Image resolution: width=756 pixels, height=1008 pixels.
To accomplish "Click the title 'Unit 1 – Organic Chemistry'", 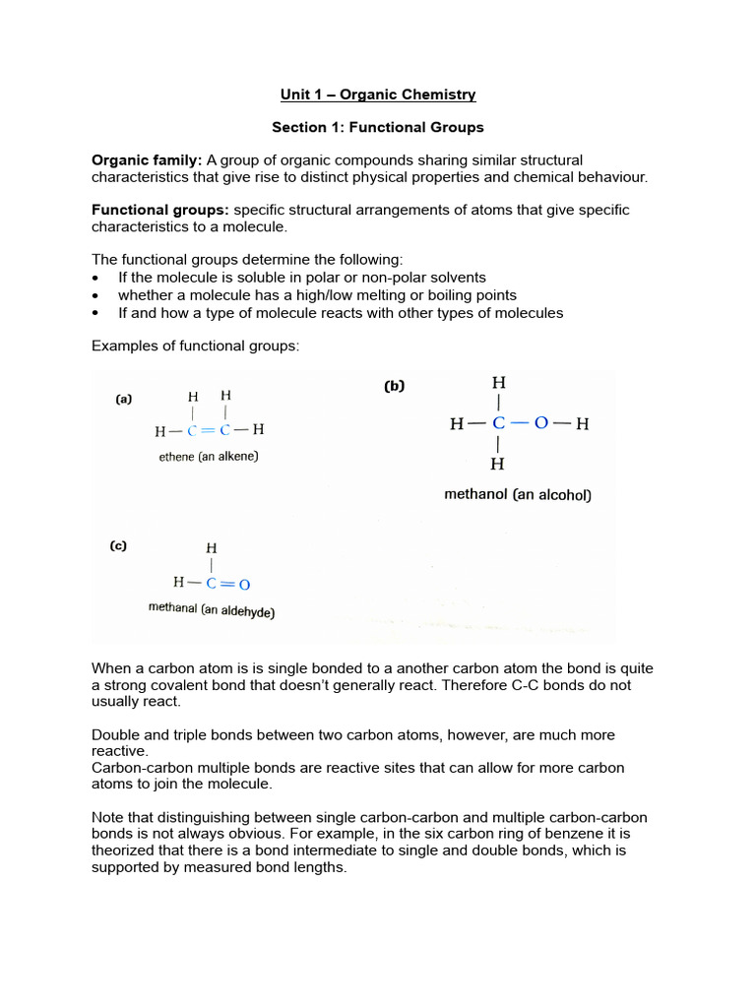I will [377, 94].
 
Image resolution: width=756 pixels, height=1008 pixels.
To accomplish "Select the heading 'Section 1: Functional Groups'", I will [377, 127].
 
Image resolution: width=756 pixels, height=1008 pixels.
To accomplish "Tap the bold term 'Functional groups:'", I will [160, 210].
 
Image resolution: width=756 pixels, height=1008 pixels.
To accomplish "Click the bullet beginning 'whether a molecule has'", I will [317, 295].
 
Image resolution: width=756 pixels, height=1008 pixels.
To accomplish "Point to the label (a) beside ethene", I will [124, 399].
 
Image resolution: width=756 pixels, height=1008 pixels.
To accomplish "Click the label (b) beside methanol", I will [394, 387].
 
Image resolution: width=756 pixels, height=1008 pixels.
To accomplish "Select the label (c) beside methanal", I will [117, 545].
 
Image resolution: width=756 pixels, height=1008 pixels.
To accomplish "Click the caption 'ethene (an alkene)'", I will [209, 457].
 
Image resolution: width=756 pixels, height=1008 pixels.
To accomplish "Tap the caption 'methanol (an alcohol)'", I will [518, 495].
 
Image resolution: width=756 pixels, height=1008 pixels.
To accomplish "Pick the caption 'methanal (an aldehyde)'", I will [212, 610].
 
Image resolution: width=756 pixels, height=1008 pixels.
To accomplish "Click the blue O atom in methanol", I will [540, 424].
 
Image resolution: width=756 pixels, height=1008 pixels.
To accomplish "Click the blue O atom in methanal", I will [244, 584].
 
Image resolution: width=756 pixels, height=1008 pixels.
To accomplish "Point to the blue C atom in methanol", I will [499, 424].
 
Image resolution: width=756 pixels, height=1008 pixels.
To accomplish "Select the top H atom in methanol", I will [499, 383].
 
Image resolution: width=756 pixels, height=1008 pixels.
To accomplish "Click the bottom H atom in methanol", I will [499, 464].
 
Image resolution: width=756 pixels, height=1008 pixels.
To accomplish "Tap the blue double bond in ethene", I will [209, 430].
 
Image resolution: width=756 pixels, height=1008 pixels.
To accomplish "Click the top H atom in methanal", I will [212, 548].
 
